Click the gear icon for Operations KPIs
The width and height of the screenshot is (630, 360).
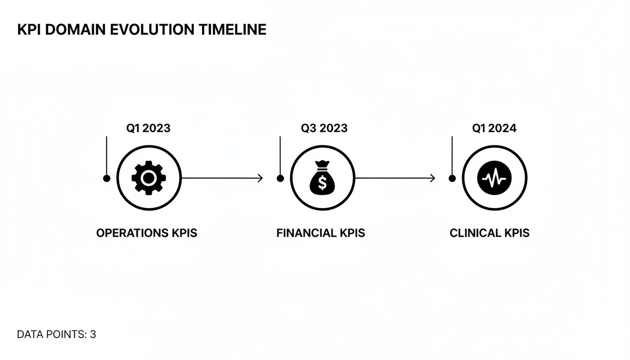pyautogui.click(x=149, y=178)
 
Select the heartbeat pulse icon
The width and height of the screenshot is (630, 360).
pyautogui.click(x=495, y=178)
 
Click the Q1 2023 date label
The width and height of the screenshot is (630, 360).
pyautogui.click(x=148, y=128)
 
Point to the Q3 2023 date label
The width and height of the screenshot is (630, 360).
pyautogui.click(x=324, y=128)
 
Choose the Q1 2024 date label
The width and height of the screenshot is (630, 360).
pyautogui.click(x=494, y=128)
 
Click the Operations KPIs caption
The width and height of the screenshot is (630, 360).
pyautogui.click(x=147, y=233)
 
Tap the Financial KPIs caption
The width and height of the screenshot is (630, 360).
pyautogui.click(x=321, y=233)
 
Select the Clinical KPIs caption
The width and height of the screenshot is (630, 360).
pyautogui.click(x=489, y=233)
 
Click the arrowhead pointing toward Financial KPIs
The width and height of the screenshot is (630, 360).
pyautogui.click(x=260, y=178)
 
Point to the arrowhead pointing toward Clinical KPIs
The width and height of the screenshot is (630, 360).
pyautogui.click(x=433, y=178)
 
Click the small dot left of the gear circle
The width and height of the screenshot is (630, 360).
pyautogui.click(x=107, y=178)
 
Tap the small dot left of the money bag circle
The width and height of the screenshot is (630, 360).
pyautogui.click(x=280, y=178)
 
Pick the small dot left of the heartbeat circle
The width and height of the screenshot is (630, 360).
pyautogui.click(x=452, y=178)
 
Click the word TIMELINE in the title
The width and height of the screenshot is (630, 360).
pyautogui.click(x=232, y=30)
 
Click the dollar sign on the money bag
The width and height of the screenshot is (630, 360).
pyautogui.click(x=322, y=183)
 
